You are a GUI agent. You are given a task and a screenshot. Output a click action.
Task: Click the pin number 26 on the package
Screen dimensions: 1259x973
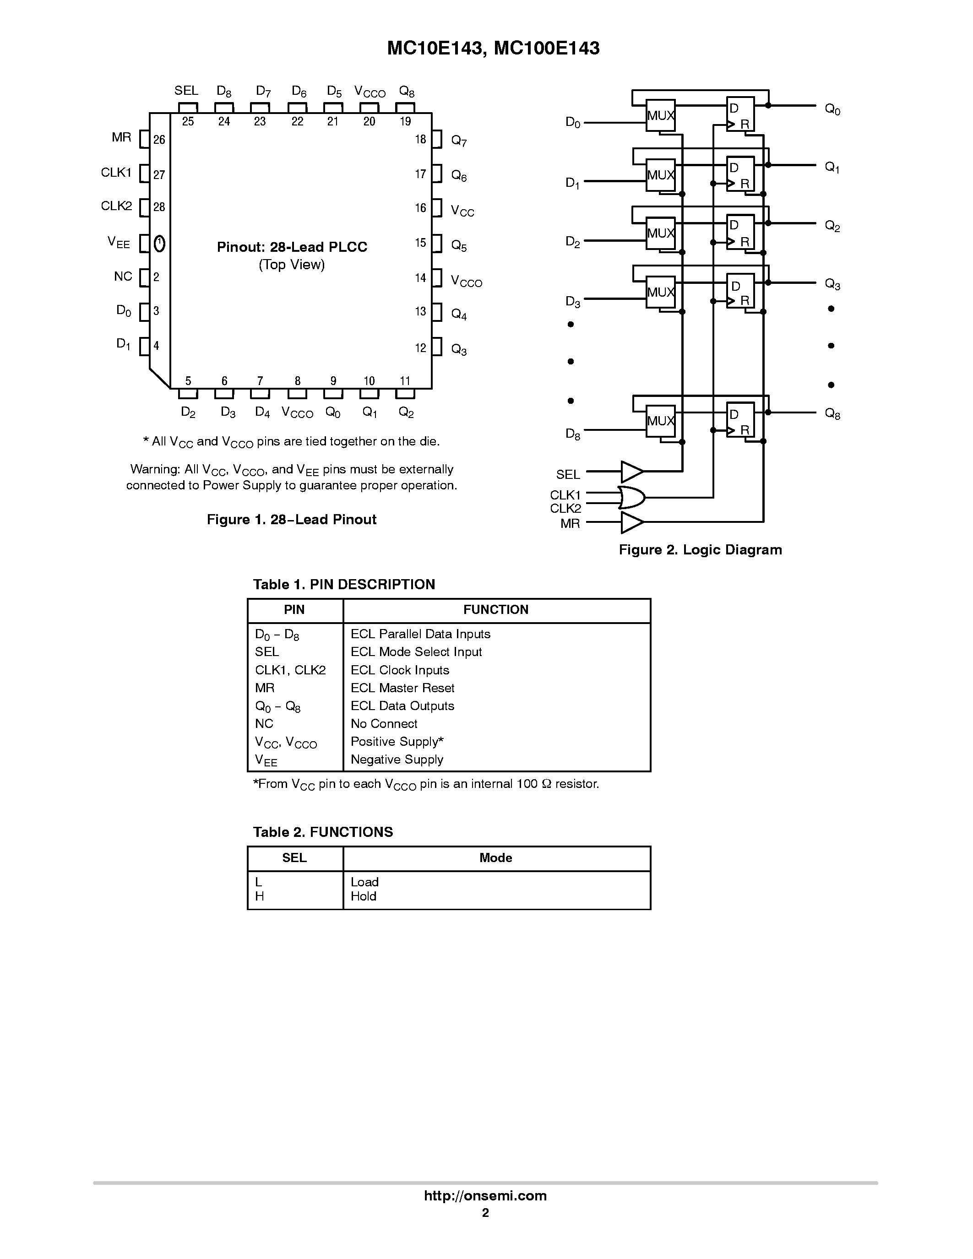(x=159, y=140)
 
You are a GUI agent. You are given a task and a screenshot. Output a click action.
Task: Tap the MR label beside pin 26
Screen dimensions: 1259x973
(x=122, y=137)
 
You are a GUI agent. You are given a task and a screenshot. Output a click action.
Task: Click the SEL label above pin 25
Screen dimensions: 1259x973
(x=186, y=91)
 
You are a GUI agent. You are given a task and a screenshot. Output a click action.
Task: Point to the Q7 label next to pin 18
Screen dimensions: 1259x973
(x=459, y=141)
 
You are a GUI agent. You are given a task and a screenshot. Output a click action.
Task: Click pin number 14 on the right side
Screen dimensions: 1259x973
(x=420, y=278)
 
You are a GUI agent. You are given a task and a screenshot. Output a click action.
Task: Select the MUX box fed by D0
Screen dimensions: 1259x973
(x=660, y=115)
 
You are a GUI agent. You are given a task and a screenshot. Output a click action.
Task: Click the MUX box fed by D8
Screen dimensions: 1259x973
(x=660, y=421)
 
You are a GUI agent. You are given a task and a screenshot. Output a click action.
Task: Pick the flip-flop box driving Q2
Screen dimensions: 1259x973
(x=740, y=232)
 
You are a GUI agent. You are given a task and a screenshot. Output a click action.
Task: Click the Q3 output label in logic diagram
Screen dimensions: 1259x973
(x=832, y=284)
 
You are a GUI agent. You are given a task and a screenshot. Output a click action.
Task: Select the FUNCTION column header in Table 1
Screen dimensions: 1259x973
(x=496, y=610)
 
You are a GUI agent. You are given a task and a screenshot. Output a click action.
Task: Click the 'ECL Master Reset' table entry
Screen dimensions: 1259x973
(x=402, y=688)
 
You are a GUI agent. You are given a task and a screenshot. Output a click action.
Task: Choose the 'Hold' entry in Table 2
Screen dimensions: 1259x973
(x=363, y=896)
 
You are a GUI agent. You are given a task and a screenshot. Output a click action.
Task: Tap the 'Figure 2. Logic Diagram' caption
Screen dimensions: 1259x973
(x=700, y=550)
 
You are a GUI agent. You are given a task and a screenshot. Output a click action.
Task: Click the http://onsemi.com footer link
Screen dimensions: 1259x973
(x=485, y=1195)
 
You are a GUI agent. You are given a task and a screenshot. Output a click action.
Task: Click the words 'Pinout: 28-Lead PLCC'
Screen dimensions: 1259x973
(x=292, y=247)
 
